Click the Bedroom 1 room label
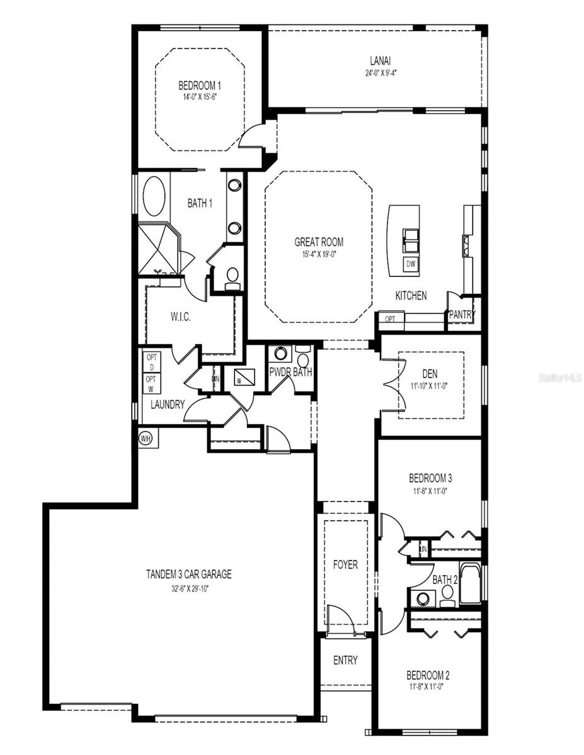200,86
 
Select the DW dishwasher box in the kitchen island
410,264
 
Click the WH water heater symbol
146,437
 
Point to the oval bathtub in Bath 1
154,196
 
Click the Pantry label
462,315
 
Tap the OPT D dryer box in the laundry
152,361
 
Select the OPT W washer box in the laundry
152,384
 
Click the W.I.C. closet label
181,317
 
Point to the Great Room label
319,242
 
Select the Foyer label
345,565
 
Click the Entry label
345,660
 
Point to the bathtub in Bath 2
469,583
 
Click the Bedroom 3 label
430,478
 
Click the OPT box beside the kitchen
391,319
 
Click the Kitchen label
411,295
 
